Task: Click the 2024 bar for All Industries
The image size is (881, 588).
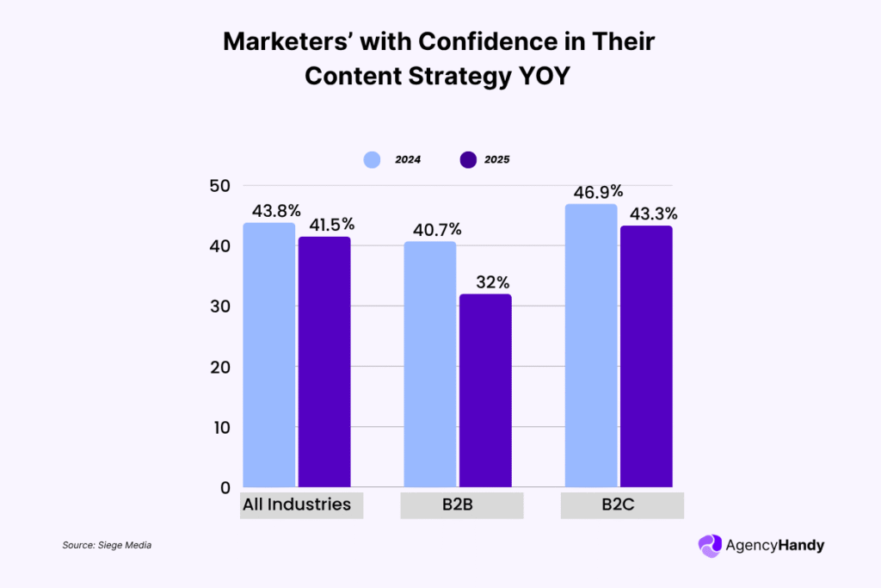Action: tap(269, 355)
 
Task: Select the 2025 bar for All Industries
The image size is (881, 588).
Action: tap(324, 362)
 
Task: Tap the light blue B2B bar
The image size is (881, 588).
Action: tap(430, 364)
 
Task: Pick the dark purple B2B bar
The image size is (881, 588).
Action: tap(485, 391)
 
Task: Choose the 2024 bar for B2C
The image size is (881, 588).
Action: tap(591, 345)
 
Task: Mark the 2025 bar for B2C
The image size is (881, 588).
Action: tap(646, 356)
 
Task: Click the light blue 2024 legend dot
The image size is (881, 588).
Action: tap(372, 159)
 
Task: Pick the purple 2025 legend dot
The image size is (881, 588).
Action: tap(468, 159)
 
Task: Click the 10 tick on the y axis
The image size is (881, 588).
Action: tap(220, 427)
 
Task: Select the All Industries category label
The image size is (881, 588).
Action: tap(297, 504)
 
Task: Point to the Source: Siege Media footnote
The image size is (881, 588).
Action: tap(107, 545)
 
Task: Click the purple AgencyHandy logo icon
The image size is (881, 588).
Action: tap(710, 545)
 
